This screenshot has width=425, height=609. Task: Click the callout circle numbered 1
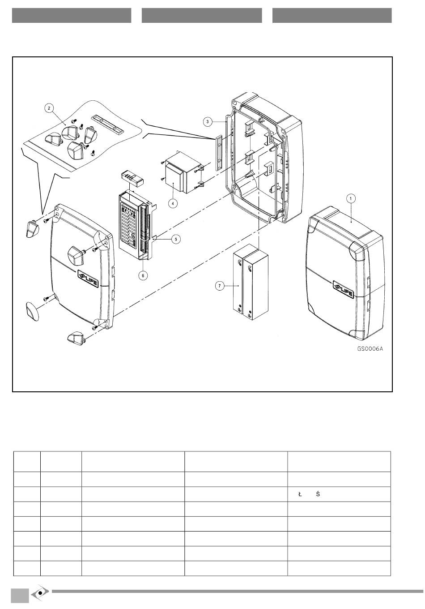click(350, 198)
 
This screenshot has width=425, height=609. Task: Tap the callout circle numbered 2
click(49, 108)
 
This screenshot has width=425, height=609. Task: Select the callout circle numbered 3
click(208, 122)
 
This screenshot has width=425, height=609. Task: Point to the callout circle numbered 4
click(173, 203)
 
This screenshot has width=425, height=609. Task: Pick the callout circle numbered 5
click(176, 239)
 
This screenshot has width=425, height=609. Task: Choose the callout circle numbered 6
click(143, 275)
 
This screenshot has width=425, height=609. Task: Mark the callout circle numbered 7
click(219, 286)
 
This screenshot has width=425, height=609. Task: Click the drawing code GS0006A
click(370, 349)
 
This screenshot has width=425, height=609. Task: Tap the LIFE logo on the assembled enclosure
click(344, 290)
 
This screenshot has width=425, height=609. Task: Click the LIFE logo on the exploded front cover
click(87, 278)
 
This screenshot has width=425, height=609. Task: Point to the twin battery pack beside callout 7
click(251, 282)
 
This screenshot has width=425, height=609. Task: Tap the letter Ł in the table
click(300, 494)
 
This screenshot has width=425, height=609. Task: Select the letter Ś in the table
click(318, 494)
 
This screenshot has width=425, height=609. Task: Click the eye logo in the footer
click(40, 592)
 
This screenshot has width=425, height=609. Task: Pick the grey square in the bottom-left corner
click(20, 596)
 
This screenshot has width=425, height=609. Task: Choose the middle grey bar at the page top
click(202, 15)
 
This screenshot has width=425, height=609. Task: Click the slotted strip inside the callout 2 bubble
click(107, 124)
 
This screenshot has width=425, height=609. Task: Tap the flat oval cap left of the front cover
click(32, 311)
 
